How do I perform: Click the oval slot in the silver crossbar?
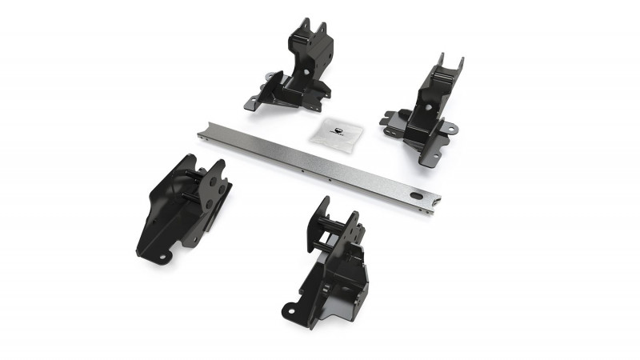tap(416, 195)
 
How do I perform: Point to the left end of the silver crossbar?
tap(202, 128)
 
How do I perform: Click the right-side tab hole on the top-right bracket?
tap(451, 127)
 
